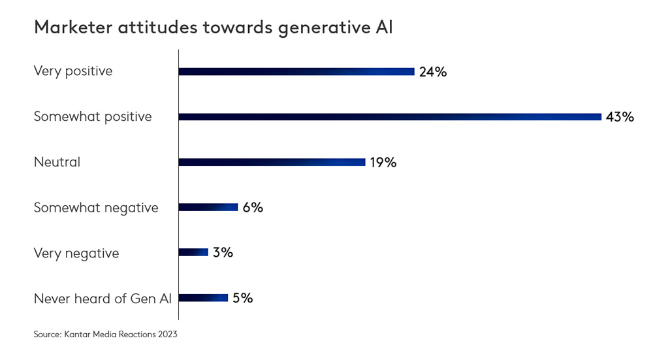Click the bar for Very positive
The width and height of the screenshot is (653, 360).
296,71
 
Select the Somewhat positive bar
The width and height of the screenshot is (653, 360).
390,117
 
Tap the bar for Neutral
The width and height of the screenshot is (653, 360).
272,162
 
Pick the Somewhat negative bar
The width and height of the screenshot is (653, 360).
208,207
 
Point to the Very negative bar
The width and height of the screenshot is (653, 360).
193,252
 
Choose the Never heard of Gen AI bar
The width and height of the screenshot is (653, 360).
203,298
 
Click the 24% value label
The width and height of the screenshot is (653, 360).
433,72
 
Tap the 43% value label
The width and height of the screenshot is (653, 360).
620,117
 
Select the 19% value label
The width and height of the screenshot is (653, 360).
383,162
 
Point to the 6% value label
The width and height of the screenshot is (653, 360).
253,207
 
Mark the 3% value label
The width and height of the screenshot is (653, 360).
223,252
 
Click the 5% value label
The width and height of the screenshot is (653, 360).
242,298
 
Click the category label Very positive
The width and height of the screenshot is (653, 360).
73,71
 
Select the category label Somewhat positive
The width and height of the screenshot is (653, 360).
93,117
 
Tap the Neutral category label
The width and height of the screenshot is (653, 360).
57,162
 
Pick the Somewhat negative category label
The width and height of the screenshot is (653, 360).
96,208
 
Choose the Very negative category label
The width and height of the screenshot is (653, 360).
76,253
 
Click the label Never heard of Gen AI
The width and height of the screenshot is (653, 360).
103,299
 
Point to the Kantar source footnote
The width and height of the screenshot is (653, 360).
105,335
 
